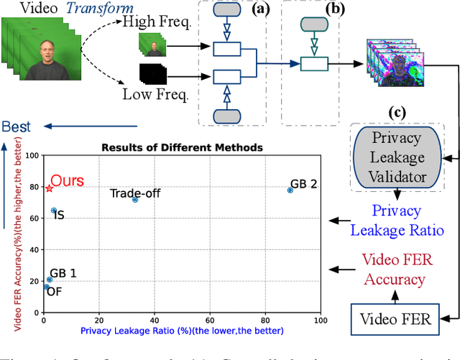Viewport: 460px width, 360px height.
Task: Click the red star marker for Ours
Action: pos(49,188)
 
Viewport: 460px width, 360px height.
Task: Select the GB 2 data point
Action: pos(290,190)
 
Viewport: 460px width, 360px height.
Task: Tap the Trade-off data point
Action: pos(135,199)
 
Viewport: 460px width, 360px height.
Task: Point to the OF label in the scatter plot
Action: pos(53,292)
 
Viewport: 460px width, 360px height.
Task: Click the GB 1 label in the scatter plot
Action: pos(63,274)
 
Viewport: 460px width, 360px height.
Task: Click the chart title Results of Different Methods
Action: pos(182,147)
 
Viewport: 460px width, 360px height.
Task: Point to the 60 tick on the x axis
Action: pos(210,319)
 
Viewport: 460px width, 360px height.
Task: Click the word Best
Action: pos(17,127)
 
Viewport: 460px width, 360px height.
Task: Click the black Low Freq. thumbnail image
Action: pos(152,73)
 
